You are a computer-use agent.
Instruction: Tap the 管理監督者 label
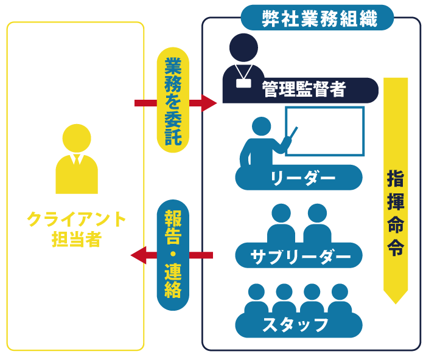pyautogui.click(x=304, y=90)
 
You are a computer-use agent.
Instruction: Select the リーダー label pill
pyautogui.click(x=299, y=178)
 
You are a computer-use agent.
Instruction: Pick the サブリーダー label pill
pyautogui.click(x=299, y=256)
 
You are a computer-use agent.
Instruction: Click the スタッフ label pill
pyautogui.click(x=298, y=324)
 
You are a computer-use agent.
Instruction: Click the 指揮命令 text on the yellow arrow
pyautogui.click(x=396, y=213)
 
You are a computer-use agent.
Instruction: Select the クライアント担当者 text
pyautogui.click(x=77, y=229)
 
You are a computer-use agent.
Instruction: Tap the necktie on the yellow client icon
pyautogui.click(x=77, y=160)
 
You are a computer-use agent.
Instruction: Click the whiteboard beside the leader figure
pyautogui.click(x=326, y=131)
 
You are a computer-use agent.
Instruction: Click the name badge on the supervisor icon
pyautogui.click(x=243, y=83)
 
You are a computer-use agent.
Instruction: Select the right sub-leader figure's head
pyautogui.click(x=317, y=213)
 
